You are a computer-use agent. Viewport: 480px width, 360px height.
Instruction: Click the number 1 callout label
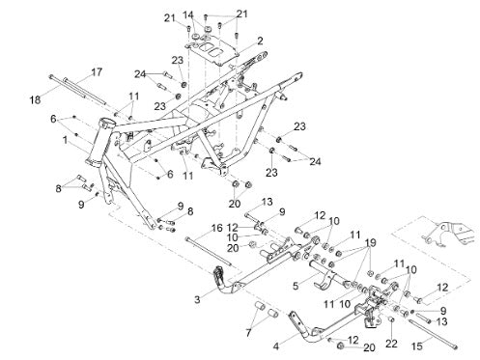pyautogui.click(x=66, y=140)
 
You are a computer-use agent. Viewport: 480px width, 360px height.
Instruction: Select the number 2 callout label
pyautogui.click(x=260, y=41)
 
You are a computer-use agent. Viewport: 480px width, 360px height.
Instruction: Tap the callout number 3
pyautogui.click(x=197, y=299)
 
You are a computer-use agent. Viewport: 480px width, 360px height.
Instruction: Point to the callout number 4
pyautogui.click(x=276, y=346)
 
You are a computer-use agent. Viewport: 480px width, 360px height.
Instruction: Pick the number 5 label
pyautogui.click(x=296, y=286)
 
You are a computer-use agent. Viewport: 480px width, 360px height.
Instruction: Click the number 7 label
pyautogui.click(x=248, y=333)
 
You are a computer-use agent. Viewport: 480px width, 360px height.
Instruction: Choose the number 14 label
pyautogui.click(x=188, y=14)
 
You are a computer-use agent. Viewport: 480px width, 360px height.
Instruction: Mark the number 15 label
pyautogui.click(x=417, y=346)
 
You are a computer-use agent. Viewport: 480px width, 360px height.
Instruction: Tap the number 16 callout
pyautogui.click(x=217, y=228)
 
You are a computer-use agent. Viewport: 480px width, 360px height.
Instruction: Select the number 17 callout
pyautogui.click(x=97, y=71)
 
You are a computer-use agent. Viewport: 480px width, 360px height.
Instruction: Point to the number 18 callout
pyautogui.click(x=36, y=99)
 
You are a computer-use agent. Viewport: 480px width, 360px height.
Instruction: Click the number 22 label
pyautogui.click(x=391, y=344)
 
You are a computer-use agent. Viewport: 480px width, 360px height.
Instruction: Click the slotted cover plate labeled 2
pyautogui.click(x=212, y=50)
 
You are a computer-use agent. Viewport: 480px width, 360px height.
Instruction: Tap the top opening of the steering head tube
pyautogui.click(x=106, y=123)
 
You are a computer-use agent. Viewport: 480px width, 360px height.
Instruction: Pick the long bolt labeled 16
pyautogui.click(x=209, y=251)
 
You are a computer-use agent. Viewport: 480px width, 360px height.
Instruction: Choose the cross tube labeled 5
pyautogui.click(x=328, y=275)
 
